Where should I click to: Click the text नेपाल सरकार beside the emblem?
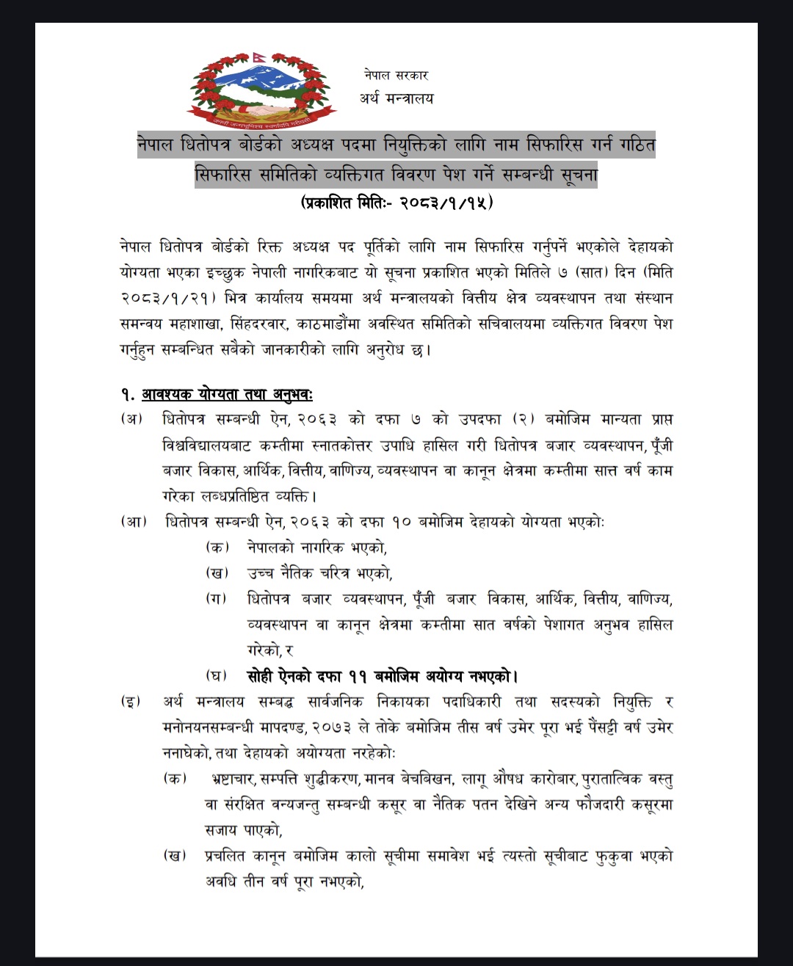[396, 75]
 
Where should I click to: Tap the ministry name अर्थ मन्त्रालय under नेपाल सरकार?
[396, 98]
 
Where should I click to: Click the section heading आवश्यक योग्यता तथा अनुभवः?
[227, 395]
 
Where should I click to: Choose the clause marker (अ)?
[132, 419]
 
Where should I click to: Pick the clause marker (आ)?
[134, 522]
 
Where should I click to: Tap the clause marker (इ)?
[132, 702]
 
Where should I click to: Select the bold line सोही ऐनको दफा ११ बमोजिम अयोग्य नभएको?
[382, 676]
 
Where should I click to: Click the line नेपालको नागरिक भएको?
[317, 548]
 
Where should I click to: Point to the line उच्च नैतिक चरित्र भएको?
[319, 573]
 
